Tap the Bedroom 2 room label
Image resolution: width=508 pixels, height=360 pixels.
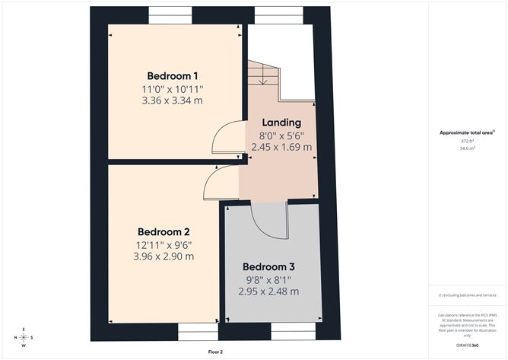[164, 231]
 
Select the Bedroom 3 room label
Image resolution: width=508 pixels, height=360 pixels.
[268, 267]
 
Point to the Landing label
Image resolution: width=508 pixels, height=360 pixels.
[281, 122]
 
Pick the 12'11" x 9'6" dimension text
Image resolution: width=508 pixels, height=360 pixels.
[164, 244]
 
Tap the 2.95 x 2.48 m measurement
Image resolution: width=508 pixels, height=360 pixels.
[268, 292]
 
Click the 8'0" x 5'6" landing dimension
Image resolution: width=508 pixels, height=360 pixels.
[281, 135]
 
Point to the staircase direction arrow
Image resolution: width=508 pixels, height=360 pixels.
[262, 75]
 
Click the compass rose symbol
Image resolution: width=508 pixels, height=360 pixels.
[24, 336]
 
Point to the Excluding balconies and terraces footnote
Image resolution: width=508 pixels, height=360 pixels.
[467, 295]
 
